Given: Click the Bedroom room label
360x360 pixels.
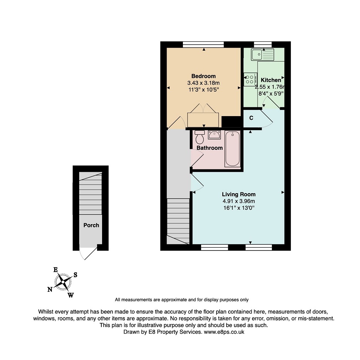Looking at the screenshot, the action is pyautogui.click(x=203, y=76).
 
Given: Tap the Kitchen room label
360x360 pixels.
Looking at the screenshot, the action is pyautogui.click(x=271, y=80).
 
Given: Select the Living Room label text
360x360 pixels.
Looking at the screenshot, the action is pyautogui.click(x=239, y=194).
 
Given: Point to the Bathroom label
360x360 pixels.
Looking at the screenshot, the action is pyautogui.click(x=210, y=148).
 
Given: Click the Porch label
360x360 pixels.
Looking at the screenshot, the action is pyautogui.click(x=91, y=225).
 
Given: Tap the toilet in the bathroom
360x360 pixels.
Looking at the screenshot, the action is pyautogui.click(x=200, y=137).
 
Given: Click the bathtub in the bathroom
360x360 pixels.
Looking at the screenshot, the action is pyautogui.click(x=232, y=149).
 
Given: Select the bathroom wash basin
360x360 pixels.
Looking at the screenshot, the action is pyautogui.click(x=214, y=135).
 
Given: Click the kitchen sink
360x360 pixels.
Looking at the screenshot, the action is pyautogui.click(x=263, y=55).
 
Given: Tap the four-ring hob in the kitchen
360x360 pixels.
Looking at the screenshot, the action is pyautogui.click(x=250, y=79).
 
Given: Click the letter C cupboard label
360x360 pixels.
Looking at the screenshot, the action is pyautogui.click(x=251, y=118).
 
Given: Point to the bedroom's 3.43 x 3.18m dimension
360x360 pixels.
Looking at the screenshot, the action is pyautogui.click(x=203, y=83).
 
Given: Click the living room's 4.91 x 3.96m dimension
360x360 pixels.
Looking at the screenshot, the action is pyautogui.click(x=239, y=201).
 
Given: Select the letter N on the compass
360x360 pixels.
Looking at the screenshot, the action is pyautogui.click(x=50, y=290).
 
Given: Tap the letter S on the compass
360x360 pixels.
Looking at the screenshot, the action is pyautogui.click(x=75, y=275).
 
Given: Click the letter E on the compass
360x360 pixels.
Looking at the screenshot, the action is pyautogui.click(x=56, y=270).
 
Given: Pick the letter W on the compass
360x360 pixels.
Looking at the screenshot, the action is pyautogui.click(x=71, y=295).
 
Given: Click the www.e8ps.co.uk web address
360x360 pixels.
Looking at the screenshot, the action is pyautogui.click(x=224, y=332).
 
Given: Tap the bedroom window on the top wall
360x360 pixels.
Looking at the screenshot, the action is pyautogui.click(x=203, y=45).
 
